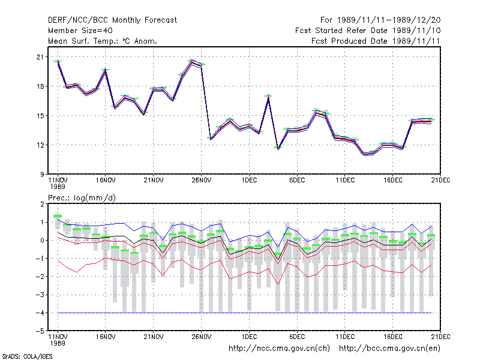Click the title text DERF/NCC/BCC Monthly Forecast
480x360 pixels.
112,20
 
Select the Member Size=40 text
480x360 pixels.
80,31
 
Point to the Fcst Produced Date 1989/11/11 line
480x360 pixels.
376,41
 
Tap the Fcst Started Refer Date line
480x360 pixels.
368,31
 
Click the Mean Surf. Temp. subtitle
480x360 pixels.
103,41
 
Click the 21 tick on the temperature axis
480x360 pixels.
40,57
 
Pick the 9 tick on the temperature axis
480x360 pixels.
41,175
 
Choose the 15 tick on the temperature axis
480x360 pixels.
40,116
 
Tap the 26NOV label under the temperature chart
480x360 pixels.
202,181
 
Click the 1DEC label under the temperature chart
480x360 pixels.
249,181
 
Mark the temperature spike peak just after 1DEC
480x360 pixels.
268,97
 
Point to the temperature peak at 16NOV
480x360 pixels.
106,70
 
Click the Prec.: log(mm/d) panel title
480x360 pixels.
82,198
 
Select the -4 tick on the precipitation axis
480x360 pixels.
40,313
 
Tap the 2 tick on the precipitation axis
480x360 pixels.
42,204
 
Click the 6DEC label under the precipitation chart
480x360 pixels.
297,337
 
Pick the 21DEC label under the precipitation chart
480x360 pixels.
440,337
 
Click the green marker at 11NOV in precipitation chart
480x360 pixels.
58,216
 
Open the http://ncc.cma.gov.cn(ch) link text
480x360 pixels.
279,349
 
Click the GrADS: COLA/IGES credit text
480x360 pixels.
28,356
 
